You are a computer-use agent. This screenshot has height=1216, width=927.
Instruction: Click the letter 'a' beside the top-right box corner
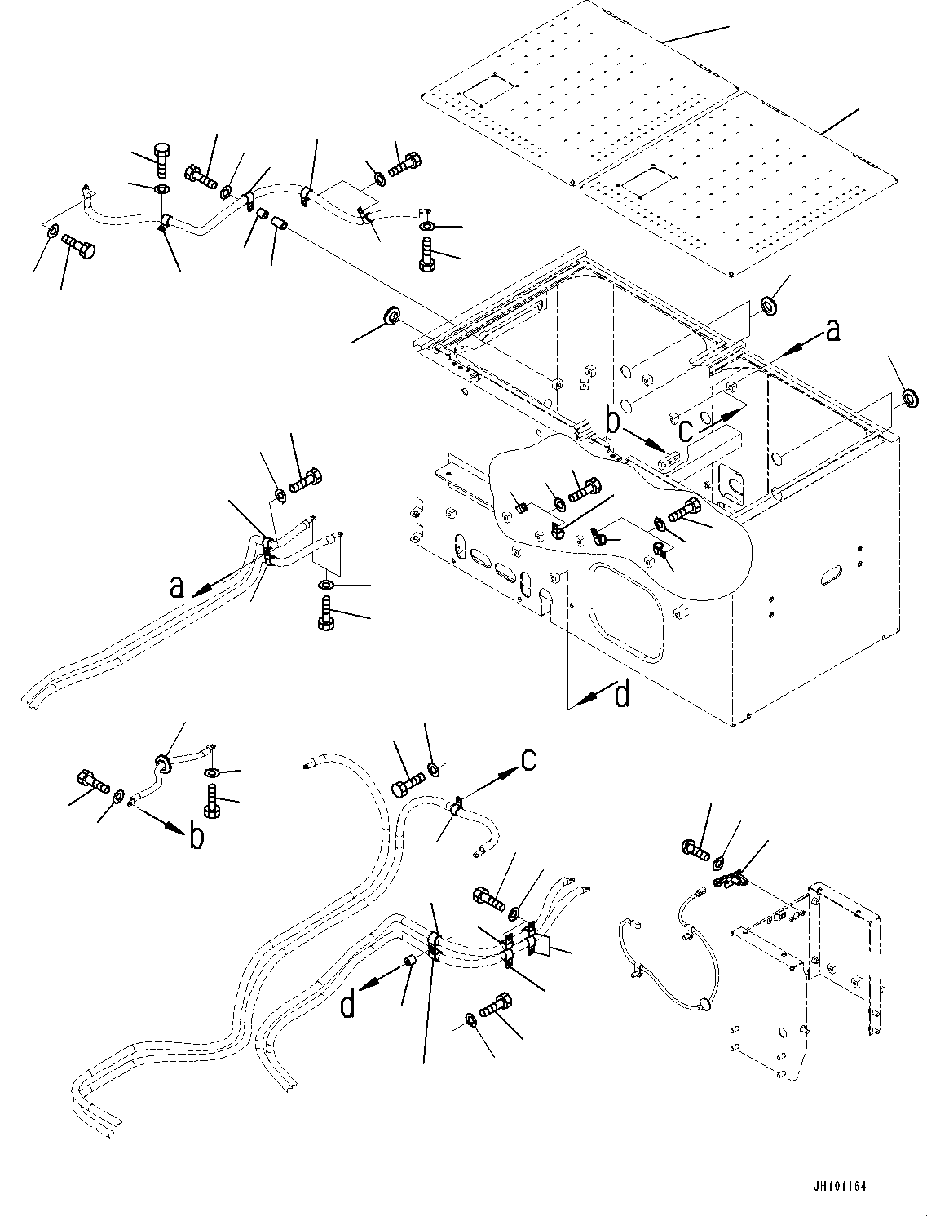[832, 330]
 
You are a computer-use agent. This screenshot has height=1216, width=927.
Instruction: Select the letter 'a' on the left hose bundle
[177, 586]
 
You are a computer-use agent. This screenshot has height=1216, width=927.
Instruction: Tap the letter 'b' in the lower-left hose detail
[196, 835]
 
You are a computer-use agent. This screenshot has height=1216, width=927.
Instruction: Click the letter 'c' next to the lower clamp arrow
[528, 760]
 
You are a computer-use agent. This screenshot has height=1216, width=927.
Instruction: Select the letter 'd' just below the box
[621, 696]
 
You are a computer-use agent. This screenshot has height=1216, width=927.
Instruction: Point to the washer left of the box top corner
[391, 315]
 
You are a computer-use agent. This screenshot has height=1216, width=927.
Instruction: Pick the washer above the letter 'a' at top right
[769, 305]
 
